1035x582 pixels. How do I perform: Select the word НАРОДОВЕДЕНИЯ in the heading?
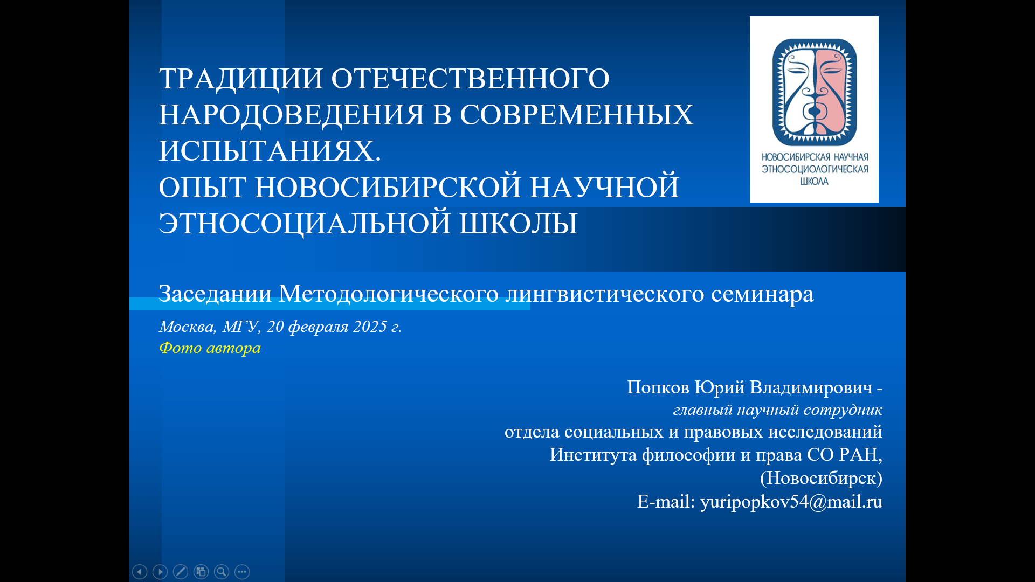click(292, 115)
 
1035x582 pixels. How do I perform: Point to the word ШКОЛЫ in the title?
click(518, 224)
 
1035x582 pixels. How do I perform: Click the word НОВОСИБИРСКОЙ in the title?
click(388, 188)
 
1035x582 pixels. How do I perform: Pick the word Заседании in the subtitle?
click(215, 294)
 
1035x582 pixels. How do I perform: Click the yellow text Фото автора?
click(210, 348)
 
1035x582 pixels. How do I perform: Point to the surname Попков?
click(658, 387)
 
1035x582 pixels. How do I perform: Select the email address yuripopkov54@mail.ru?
click(791, 502)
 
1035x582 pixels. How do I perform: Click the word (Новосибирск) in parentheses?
click(821, 478)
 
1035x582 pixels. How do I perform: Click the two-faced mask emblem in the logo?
click(815, 92)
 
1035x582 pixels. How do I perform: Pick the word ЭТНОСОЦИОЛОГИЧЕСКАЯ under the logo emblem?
click(815, 169)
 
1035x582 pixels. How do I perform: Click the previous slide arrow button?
click(140, 572)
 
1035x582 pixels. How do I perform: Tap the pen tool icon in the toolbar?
click(181, 572)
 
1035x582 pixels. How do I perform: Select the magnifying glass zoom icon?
click(222, 572)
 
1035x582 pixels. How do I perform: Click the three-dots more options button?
click(242, 572)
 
